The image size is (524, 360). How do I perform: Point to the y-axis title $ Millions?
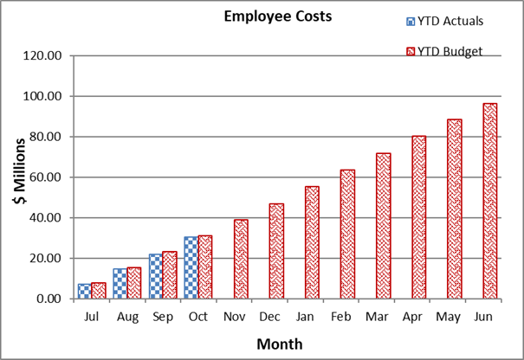point(18,176)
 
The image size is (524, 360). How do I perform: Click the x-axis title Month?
point(279,344)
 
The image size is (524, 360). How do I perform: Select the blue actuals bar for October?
point(191,267)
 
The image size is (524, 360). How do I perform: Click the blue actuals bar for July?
point(84,291)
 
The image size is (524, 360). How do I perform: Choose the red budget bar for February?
point(347,234)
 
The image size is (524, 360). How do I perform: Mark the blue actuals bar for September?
point(155,276)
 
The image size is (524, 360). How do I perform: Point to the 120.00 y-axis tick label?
point(43,56)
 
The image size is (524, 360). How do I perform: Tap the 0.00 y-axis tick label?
point(50,299)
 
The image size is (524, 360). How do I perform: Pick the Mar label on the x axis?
point(376,318)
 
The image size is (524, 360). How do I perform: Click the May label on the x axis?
point(447,318)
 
